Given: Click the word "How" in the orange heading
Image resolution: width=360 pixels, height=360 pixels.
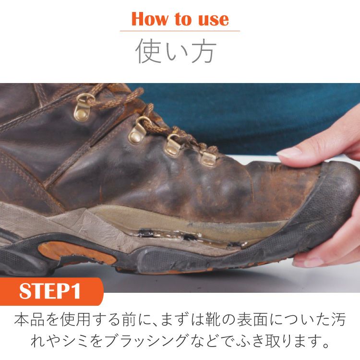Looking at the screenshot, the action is coord(149,19).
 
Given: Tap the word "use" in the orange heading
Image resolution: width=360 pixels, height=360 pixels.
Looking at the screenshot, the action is coord(214,20).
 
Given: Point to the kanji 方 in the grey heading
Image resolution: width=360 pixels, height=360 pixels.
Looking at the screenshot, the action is coord(204,51).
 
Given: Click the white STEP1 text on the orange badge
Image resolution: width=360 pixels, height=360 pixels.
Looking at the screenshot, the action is coord(50,291).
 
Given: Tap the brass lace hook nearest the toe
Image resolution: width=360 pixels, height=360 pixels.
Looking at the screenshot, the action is coord(208,157).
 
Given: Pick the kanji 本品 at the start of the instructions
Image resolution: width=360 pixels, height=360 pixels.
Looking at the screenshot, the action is coord(29,319).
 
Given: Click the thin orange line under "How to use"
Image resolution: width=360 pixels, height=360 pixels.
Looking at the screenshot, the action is coord(180,31).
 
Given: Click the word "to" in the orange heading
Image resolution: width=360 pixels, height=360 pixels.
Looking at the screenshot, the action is coord(183,19).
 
